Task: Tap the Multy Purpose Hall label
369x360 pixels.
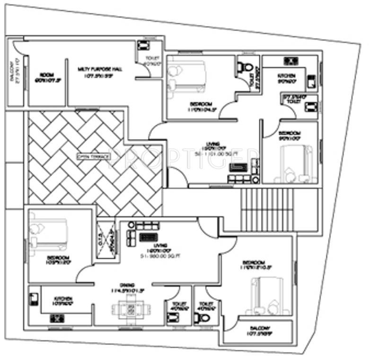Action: click(100, 72)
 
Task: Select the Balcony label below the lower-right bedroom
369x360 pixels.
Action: click(258, 331)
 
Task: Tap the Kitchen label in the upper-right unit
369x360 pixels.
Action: click(286, 78)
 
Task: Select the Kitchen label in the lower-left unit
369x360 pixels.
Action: click(62, 301)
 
